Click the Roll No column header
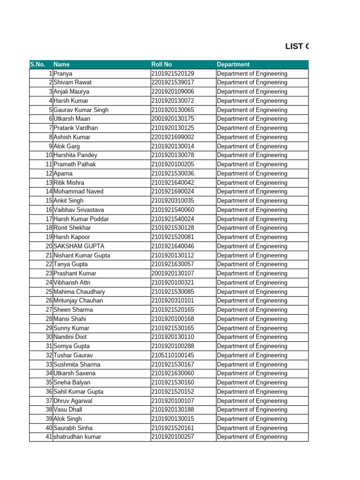[x=162, y=65]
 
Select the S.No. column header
[x=37, y=65]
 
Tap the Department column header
[x=233, y=65]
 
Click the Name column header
[x=61, y=65]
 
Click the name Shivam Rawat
[x=73, y=82]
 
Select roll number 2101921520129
[x=172, y=74]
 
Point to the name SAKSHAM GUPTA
[x=79, y=246]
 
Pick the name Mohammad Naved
[x=78, y=192]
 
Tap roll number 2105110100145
[x=172, y=355]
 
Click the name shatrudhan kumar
[x=77, y=437]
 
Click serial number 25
[x=49, y=292]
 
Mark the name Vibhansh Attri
[x=72, y=283]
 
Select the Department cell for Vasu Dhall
[x=252, y=410]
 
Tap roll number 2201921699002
[x=172, y=137]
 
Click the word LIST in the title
[x=295, y=46]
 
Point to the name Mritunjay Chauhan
[x=78, y=300]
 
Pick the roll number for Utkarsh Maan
[x=172, y=119]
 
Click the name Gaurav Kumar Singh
[x=81, y=110]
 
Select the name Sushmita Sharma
[x=77, y=364]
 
